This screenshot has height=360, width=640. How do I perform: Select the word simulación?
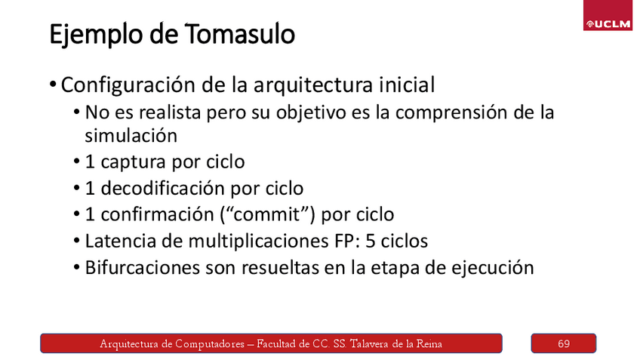131,137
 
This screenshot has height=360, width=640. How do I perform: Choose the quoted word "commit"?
269,214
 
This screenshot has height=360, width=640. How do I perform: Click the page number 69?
564,344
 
